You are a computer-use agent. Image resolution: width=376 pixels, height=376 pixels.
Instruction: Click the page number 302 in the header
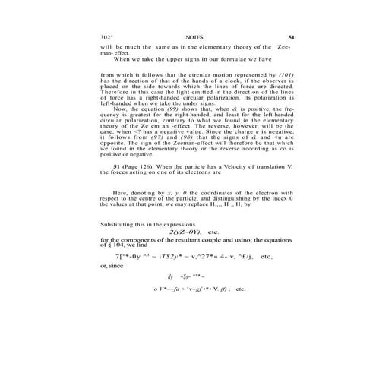point(106,36)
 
